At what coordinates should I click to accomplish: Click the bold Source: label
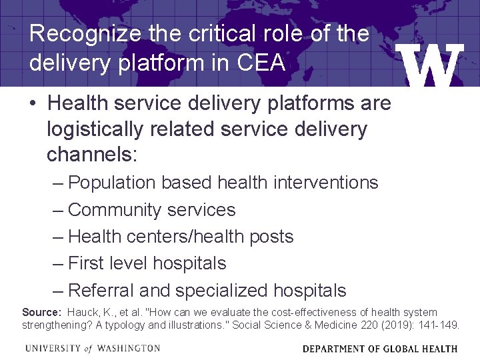42,312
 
